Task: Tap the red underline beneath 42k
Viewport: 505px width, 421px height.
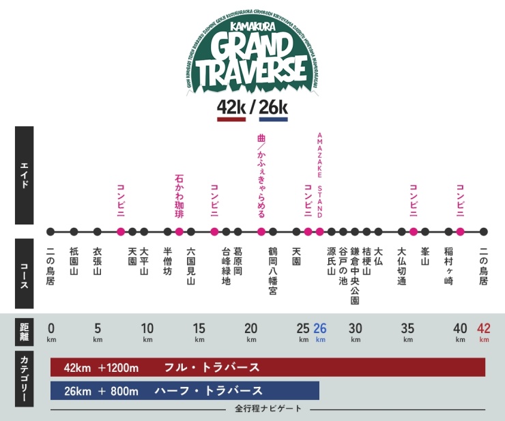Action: pos(231,119)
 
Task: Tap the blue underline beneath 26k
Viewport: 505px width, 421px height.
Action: pos(273,119)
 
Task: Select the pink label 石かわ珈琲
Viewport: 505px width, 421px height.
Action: pos(179,197)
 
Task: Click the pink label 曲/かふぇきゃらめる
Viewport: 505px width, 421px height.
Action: pos(261,175)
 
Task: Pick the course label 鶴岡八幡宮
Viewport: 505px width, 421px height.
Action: pos(272,270)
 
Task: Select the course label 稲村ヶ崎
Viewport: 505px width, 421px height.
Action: pos(448,265)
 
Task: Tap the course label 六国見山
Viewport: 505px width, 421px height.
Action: pos(190,265)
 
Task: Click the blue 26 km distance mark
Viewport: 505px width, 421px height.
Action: pos(320,331)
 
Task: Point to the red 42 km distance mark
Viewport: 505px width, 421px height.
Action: pos(484,331)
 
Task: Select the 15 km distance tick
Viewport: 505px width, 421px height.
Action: pos(199,331)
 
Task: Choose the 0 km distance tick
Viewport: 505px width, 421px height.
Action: pos(51,331)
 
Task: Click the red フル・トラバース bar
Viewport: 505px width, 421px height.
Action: pos(268,367)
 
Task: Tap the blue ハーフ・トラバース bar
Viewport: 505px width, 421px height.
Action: pos(185,391)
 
